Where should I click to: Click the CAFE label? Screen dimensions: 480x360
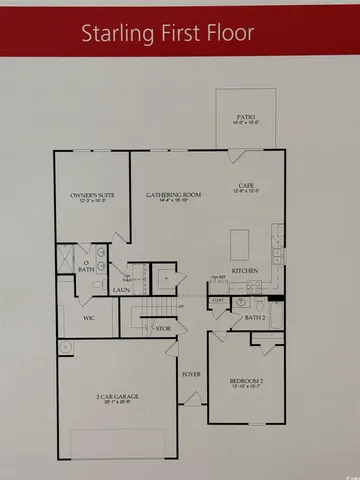click(x=246, y=185)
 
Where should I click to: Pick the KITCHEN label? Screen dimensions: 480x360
click(x=246, y=271)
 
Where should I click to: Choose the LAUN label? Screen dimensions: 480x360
click(x=119, y=290)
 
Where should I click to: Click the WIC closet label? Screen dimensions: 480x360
click(x=88, y=318)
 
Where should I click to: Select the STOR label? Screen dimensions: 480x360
click(x=162, y=327)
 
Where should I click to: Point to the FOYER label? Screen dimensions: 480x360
click(x=192, y=375)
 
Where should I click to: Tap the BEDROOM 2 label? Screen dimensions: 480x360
click(x=244, y=383)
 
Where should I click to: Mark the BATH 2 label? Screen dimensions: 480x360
click(x=255, y=318)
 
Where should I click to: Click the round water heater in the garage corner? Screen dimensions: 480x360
click(x=66, y=348)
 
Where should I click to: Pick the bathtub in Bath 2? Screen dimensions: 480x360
click(x=277, y=313)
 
